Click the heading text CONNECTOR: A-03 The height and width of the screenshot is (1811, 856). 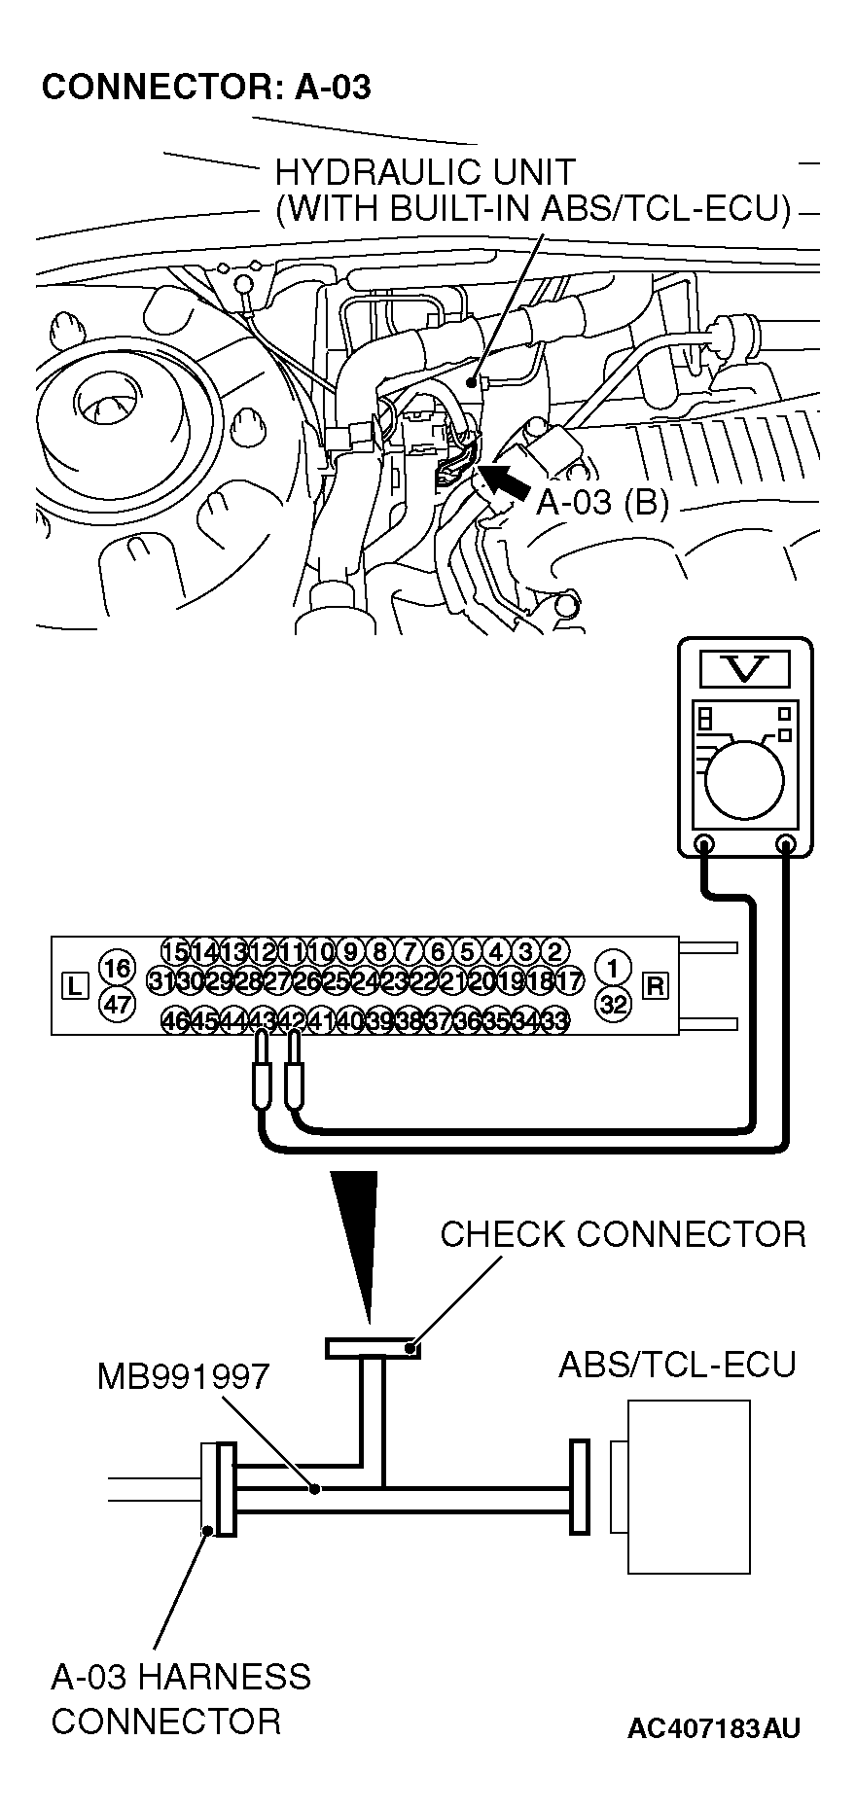tap(206, 88)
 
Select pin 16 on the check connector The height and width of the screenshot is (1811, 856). tap(117, 969)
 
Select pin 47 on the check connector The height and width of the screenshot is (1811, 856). tap(117, 1003)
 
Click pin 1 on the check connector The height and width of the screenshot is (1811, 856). tap(613, 969)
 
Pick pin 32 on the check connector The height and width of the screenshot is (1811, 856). tap(613, 1003)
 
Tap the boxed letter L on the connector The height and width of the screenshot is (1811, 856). tap(74, 985)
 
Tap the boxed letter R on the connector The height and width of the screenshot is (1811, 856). tap(657, 985)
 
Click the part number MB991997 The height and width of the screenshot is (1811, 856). tap(183, 1376)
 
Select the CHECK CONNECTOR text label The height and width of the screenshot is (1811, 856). tap(623, 1234)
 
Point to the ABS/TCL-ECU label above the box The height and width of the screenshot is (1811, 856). tap(677, 1365)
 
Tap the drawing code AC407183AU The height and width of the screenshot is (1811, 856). tap(714, 1728)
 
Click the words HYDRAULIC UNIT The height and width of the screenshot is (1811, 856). tap(425, 172)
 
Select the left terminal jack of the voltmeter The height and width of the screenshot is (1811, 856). tap(703, 843)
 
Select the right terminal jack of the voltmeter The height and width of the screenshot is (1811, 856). tap(787, 843)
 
